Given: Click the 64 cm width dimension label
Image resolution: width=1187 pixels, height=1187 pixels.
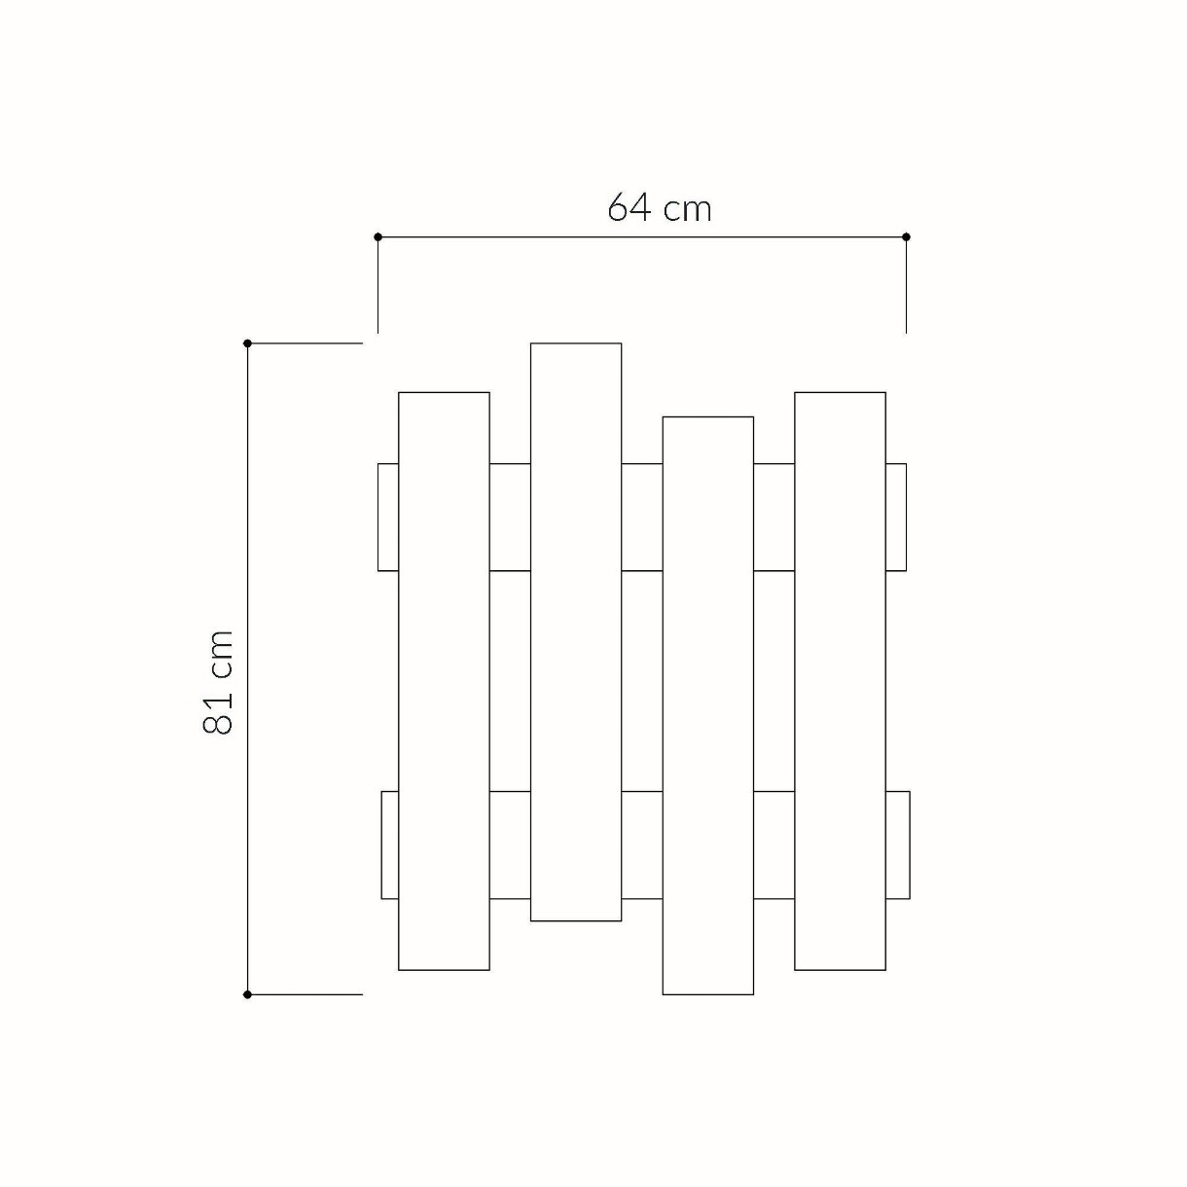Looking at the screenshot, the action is [659, 207].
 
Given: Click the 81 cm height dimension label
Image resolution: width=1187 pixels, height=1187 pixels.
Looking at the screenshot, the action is [217, 682].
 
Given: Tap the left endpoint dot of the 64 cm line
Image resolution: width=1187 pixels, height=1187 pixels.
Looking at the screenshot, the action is [378, 236].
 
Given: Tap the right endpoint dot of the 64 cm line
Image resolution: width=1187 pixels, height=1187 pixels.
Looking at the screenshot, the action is [906, 236].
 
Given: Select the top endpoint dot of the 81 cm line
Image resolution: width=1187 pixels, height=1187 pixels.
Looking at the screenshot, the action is [247, 343].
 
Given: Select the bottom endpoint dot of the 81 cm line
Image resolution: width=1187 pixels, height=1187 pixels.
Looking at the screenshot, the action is [247, 994].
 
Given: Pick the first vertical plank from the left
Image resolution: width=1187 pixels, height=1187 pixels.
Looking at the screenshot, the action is [444, 681].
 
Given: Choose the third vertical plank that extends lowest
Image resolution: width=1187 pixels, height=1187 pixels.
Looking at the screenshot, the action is [707, 705].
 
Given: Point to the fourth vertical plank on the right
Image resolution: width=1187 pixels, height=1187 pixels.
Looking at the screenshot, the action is [841, 681].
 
